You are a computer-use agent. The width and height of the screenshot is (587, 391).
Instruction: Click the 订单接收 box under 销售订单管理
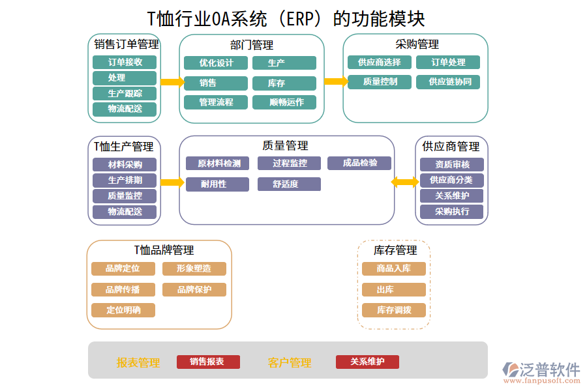pos(125,63)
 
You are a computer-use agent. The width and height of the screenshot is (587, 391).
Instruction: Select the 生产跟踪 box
pos(125,93)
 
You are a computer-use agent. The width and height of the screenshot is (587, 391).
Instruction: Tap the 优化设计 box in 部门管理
pos(216,63)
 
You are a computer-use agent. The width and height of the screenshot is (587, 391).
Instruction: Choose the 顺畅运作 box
pos(284,102)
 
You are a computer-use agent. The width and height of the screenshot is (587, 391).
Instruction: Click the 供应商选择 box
pos(379,63)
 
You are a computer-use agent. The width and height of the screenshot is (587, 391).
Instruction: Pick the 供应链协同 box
pos(450,82)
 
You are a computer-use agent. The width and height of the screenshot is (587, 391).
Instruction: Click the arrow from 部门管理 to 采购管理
pos(335,81)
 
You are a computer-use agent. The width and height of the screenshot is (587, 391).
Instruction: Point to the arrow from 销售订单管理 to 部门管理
pos(172,82)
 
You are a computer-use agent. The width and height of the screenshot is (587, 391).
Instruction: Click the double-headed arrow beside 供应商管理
pos(405,182)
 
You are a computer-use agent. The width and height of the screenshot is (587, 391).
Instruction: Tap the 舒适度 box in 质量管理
pos(289,184)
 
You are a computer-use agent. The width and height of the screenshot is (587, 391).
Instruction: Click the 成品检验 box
pos(360,163)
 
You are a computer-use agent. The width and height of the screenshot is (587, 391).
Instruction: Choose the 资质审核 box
pos(451,165)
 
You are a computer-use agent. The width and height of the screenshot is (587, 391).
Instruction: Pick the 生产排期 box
pos(125,181)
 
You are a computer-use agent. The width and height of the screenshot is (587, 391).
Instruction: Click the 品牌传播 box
pos(123,290)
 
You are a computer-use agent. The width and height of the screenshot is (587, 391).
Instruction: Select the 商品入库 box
pos(393,268)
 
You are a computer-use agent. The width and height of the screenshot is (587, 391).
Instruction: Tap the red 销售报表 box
pos(208,362)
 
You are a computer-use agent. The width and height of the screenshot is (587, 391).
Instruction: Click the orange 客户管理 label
pos(289,363)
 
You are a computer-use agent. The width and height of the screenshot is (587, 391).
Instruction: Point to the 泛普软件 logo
pos(541,371)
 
